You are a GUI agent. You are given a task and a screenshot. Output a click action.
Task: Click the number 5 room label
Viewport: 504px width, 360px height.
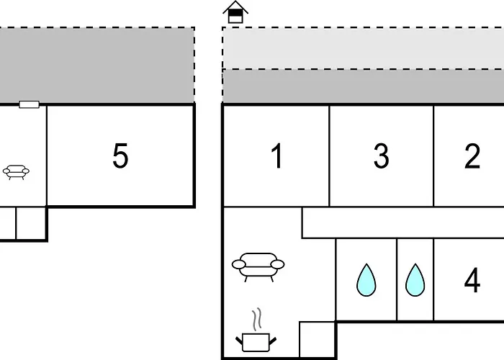[120, 156]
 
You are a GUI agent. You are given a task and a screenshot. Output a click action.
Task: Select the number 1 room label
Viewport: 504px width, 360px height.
[277, 156]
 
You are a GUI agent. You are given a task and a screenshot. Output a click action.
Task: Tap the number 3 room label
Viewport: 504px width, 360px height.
[381, 156]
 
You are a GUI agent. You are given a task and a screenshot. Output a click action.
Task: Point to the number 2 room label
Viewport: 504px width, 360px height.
[472, 156]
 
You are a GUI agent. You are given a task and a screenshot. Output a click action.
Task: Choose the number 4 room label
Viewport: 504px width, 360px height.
[472, 280]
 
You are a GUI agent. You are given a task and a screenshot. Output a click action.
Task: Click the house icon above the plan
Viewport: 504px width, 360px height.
[235, 12]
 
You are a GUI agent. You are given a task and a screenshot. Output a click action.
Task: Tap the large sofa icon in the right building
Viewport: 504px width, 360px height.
[258, 267]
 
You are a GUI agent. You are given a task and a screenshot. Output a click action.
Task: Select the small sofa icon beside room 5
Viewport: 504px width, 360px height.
[16, 172]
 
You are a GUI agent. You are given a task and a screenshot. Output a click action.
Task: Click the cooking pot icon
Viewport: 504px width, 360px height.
[256, 342]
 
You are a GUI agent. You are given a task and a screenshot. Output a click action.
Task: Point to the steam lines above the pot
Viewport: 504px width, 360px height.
[256, 320]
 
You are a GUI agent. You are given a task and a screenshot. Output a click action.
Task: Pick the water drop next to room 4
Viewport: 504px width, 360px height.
[415, 280]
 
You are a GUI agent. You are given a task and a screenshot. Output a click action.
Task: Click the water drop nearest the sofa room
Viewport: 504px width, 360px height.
[366, 280]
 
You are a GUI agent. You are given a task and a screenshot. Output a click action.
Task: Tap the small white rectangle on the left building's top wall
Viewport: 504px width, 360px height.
[30, 104]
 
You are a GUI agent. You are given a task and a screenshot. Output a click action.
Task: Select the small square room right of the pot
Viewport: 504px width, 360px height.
[317, 339]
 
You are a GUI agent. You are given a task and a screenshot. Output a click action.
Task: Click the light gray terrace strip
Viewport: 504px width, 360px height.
[363, 48]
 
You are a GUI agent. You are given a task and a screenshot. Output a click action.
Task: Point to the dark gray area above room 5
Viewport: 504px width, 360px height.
[97, 66]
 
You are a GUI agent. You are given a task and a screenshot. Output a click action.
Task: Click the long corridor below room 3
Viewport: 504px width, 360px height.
[403, 222]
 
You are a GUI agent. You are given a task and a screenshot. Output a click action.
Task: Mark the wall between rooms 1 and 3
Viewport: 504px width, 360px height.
[330, 156]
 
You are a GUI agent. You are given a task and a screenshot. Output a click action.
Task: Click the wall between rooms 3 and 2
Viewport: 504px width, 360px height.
[433, 156]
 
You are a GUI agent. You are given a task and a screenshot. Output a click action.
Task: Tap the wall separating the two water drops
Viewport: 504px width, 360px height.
[397, 279]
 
